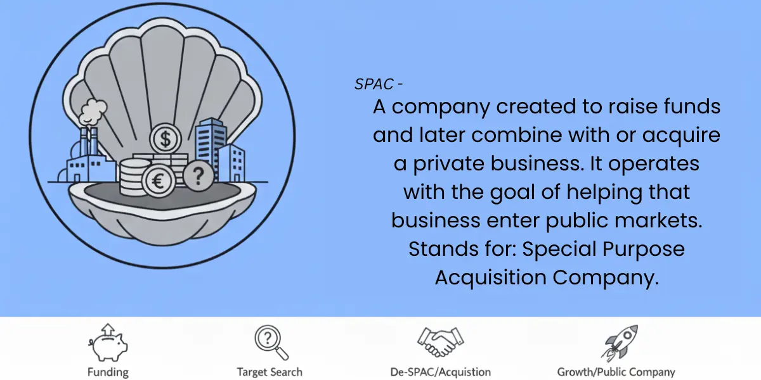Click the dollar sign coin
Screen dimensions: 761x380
tap(166, 139)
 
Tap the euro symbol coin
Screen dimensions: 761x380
tap(159, 181)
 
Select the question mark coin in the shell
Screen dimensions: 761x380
tap(198, 176)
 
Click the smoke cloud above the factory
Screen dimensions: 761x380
tap(93, 111)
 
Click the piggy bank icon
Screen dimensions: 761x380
tap(108, 343)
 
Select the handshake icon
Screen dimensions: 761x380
tap(441, 342)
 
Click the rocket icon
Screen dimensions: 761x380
tap(620, 343)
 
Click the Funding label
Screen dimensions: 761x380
tap(108, 372)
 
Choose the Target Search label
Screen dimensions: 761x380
tap(270, 372)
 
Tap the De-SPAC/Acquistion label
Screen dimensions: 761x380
tap(441, 372)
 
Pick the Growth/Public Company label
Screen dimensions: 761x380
tap(616, 372)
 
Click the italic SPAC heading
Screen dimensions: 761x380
tap(374, 84)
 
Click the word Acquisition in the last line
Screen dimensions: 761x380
tap(491, 278)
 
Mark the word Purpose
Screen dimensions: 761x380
tap(644, 250)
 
